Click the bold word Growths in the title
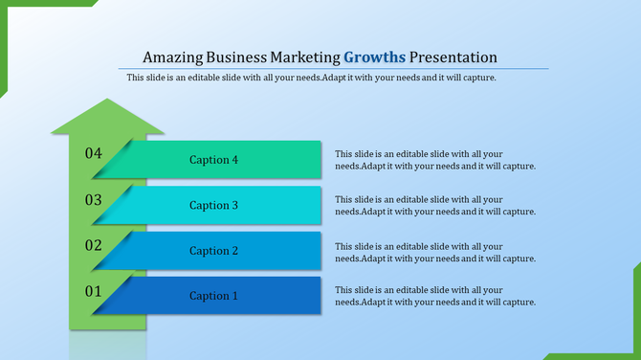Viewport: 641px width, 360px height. (x=375, y=56)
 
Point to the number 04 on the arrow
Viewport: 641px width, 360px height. (x=93, y=153)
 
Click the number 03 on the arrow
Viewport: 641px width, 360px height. (x=93, y=199)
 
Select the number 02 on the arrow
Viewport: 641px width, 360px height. (x=93, y=245)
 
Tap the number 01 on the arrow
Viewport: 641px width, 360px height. (x=93, y=290)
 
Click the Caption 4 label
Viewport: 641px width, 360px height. (x=213, y=160)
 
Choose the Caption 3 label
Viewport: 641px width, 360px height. (x=213, y=205)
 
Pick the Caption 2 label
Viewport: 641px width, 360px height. (x=213, y=251)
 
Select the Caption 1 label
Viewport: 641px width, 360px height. (x=213, y=296)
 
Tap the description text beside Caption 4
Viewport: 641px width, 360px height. (x=434, y=160)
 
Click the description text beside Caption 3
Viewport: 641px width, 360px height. (x=434, y=205)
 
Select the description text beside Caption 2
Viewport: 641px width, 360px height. (x=434, y=251)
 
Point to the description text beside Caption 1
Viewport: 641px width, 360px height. (x=434, y=296)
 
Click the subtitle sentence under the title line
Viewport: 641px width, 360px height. (x=311, y=79)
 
